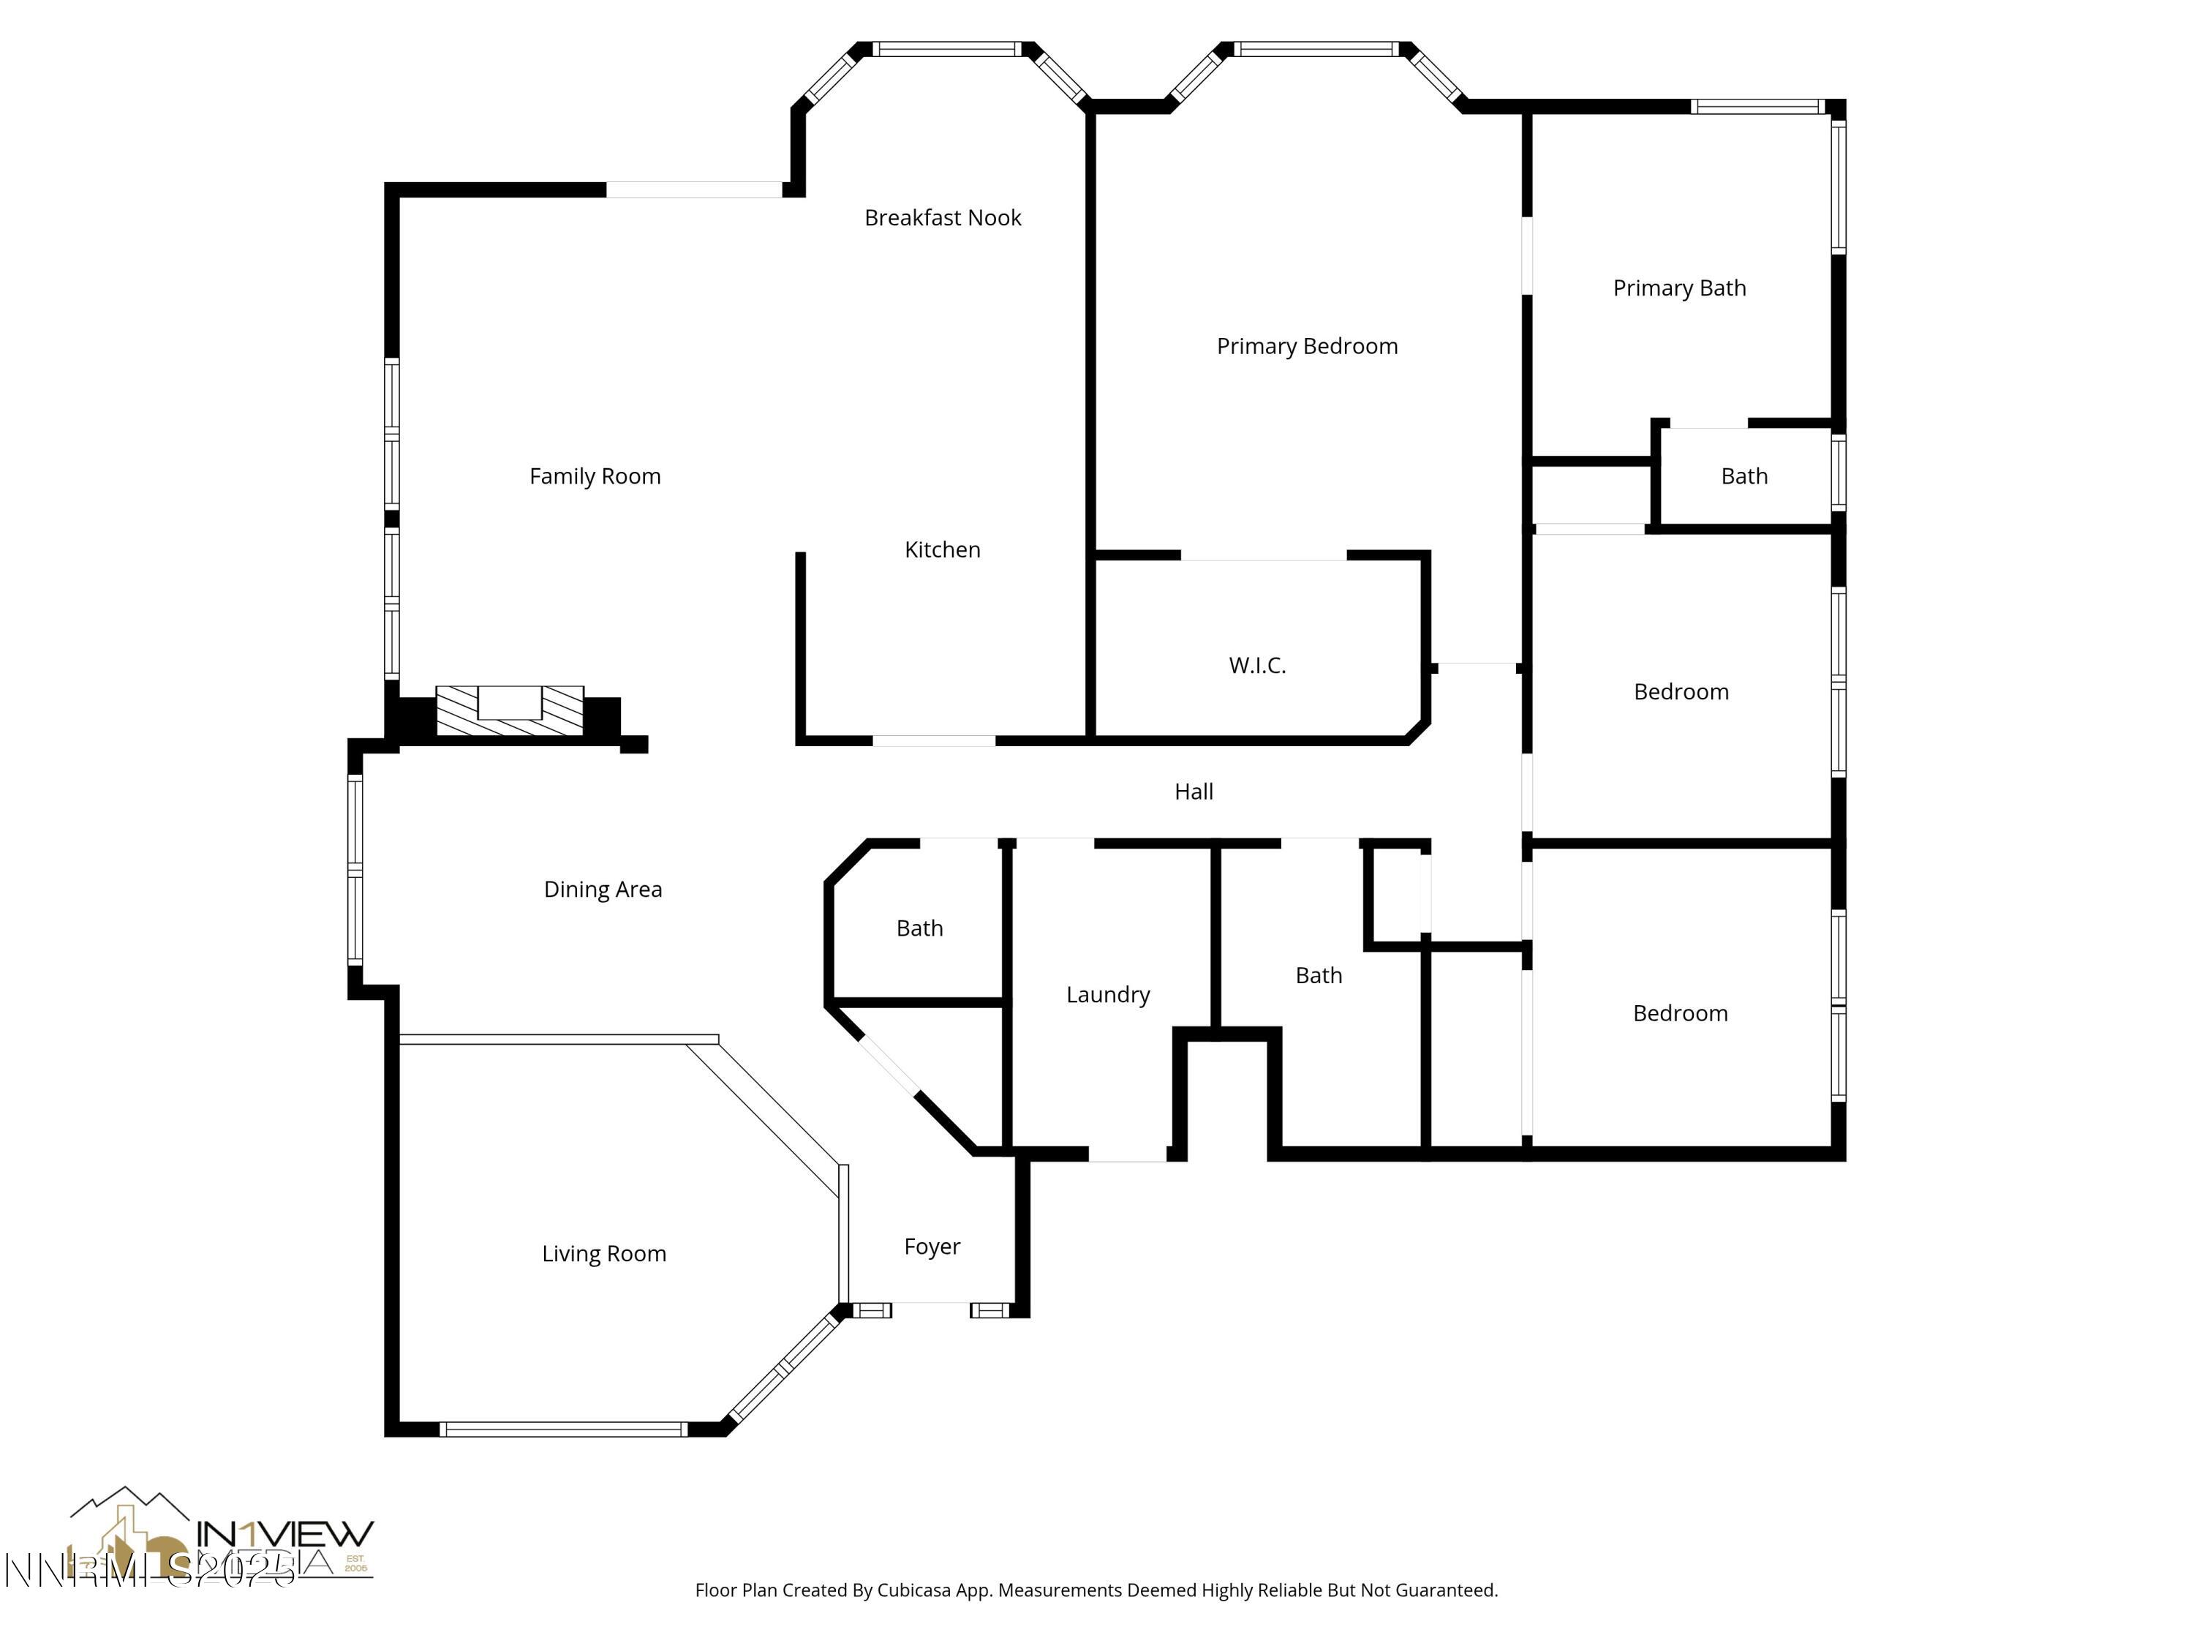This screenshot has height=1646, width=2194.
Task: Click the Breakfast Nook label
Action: tap(942, 217)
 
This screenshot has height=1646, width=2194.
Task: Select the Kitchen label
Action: tap(941, 549)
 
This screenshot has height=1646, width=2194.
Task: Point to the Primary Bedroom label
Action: tap(1306, 346)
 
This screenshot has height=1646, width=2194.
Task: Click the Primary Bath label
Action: tap(1678, 288)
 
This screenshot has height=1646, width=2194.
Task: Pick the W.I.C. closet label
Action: tap(1256, 666)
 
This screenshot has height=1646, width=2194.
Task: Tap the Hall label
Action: tap(1194, 792)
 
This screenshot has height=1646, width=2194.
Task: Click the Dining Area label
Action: tap(602, 889)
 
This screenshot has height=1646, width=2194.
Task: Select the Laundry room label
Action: tap(1107, 994)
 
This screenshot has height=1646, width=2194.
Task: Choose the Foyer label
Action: tap(932, 1246)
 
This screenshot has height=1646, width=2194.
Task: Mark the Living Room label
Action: tap(603, 1253)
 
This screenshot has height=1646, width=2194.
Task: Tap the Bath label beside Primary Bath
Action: tap(1743, 476)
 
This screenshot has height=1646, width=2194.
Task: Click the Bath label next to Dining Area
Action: tap(919, 928)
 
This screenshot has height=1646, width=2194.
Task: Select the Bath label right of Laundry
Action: tap(1318, 975)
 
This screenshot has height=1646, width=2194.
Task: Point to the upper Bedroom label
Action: tap(1680, 691)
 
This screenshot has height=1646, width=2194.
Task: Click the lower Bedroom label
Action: tap(1679, 1013)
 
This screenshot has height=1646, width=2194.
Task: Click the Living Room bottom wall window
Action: tap(562, 1429)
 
